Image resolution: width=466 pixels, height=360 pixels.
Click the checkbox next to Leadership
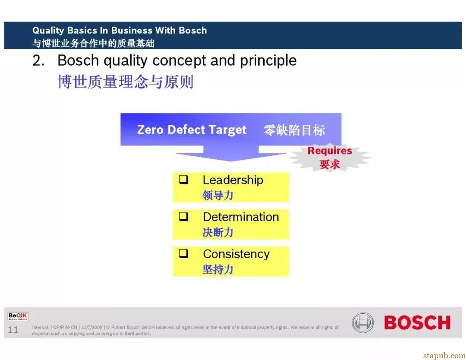coord(184,179)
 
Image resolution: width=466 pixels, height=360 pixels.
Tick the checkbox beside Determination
coord(184,216)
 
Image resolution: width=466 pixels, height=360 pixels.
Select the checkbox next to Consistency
coord(184,253)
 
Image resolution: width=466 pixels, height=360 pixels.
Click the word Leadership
coord(233,180)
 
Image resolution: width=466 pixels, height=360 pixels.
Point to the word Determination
coord(241,217)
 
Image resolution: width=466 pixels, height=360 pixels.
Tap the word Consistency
coord(236,254)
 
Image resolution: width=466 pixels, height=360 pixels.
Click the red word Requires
coord(330,151)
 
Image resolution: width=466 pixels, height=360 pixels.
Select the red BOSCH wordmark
coord(417,322)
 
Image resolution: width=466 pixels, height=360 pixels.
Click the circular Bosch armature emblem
coord(362,322)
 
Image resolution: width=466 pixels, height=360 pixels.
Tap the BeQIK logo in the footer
coord(18,316)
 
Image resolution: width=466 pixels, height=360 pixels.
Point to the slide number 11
coord(13,330)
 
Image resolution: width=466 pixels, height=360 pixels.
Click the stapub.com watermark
coord(444,356)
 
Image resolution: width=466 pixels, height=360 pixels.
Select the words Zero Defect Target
coord(192,130)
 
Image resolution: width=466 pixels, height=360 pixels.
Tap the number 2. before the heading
coord(38,60)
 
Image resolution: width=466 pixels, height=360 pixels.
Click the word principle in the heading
coord(268,61)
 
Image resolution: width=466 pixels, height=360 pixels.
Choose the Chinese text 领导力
coord(218,195)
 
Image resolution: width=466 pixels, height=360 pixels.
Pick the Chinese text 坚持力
coord(218,269)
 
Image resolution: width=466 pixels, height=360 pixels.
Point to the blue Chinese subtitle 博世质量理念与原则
coord(126,82)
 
